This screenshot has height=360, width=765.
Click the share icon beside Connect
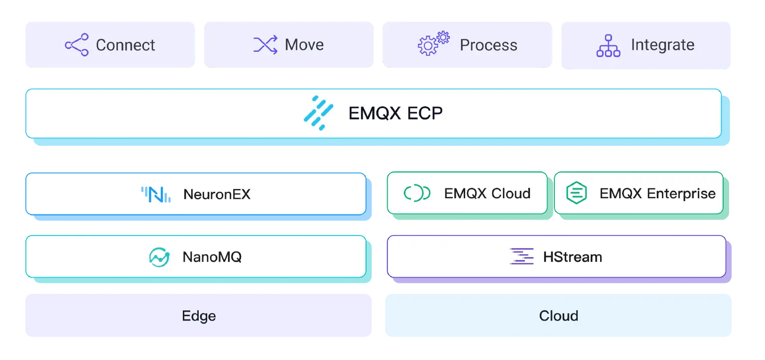77,45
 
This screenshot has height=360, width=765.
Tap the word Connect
126,45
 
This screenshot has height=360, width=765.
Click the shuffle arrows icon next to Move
265,45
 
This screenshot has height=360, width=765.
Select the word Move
304,45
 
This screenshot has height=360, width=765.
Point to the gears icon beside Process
433,43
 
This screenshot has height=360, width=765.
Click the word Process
488,45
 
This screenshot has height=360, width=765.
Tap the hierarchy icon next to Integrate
608,45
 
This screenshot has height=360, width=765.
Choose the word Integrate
662,45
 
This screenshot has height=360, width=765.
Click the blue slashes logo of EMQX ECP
318,113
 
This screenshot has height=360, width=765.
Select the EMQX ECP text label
395,114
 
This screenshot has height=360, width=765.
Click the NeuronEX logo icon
156,194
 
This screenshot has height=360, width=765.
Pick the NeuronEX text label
217,194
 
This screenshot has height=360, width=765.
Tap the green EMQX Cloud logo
417,193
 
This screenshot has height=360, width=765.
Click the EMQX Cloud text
487,193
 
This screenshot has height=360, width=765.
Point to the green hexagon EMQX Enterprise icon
576,193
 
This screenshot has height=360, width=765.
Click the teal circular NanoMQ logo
159,257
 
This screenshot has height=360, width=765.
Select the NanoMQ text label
212,257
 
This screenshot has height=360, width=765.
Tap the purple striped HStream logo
521,256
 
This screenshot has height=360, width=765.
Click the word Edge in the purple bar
199,316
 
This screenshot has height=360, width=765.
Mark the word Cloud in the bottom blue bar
558,316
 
